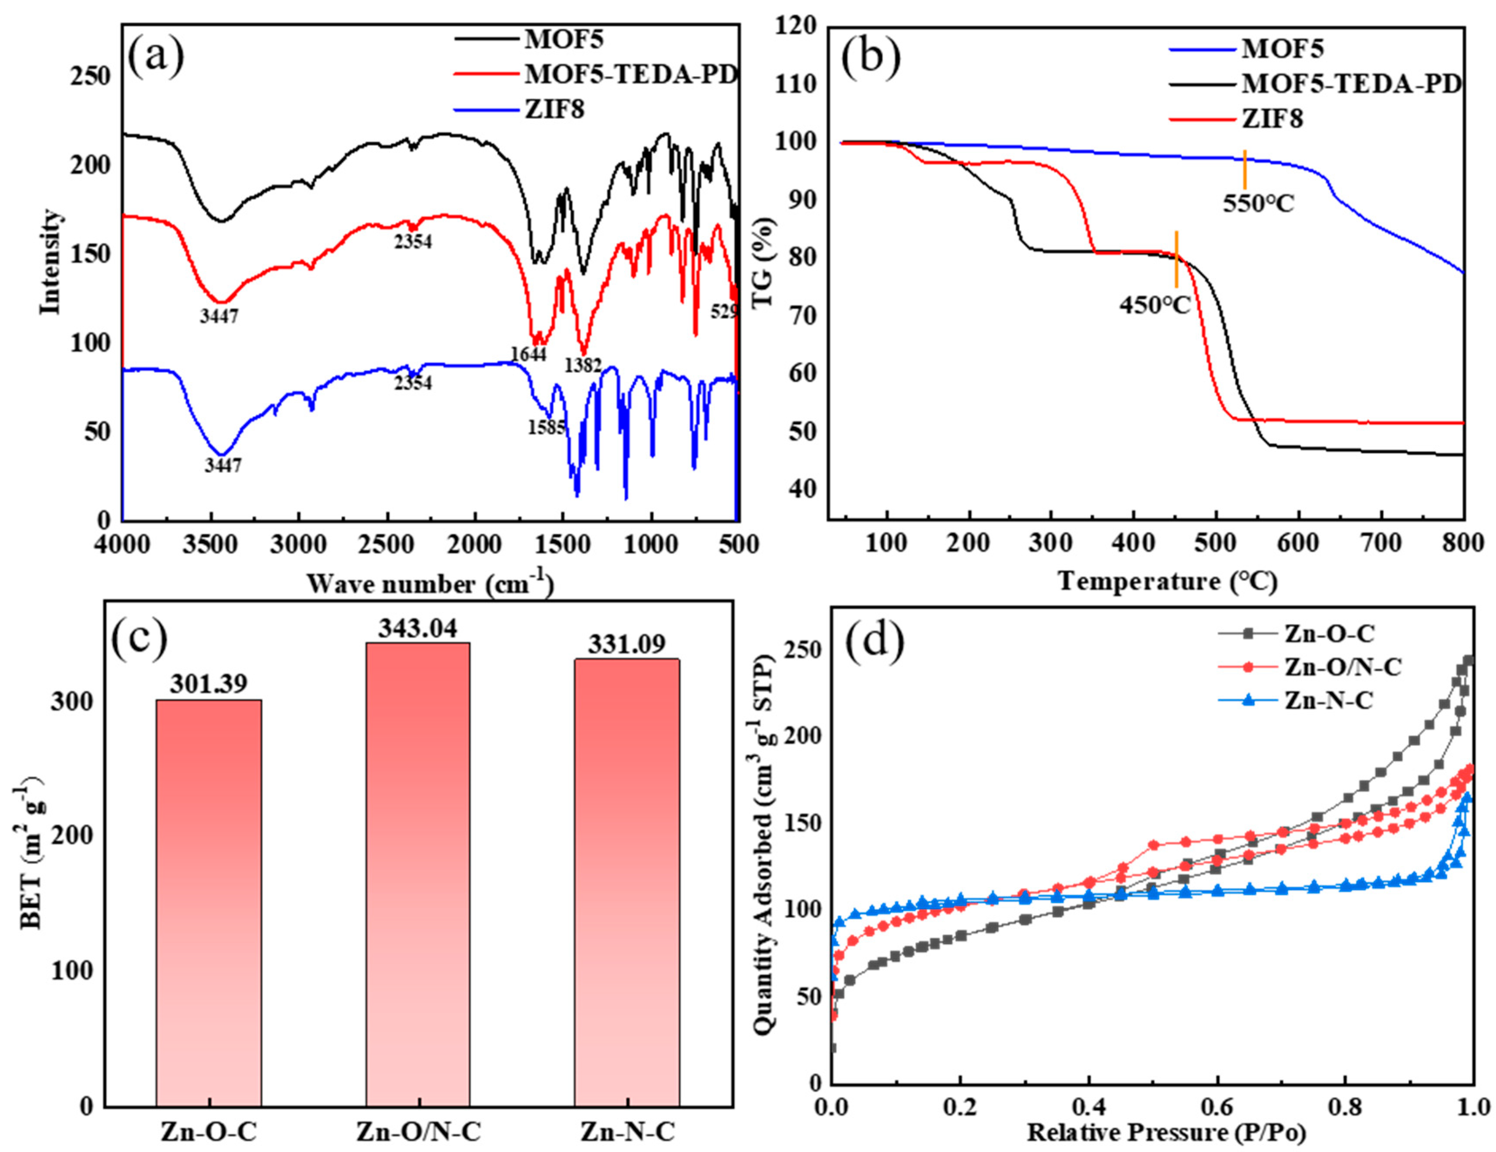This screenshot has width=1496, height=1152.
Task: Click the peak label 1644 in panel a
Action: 528,354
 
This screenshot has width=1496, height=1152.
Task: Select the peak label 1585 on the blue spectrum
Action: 546,428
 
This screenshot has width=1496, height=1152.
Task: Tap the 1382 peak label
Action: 583,366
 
